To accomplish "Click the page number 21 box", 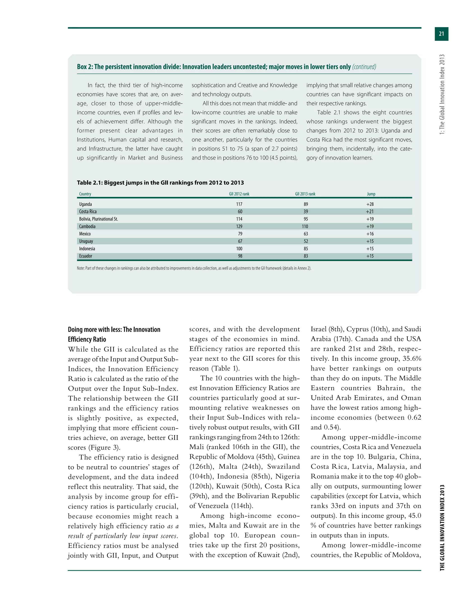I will click(441, 34).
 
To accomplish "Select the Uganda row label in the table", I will click(85, 204).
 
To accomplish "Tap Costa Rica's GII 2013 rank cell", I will click(305, 211).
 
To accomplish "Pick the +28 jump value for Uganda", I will click(370, 204).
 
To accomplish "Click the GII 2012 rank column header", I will click(239, 194).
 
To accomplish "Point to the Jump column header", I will click(371, 194).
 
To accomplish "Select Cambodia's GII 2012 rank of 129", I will click(239, 226).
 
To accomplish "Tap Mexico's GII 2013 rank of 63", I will click(305, 234).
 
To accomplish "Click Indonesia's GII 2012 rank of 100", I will click(239, 249).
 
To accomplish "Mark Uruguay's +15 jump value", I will click(370, 241).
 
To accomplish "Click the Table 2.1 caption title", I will click(160, 183).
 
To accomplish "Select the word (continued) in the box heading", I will click(364, 67).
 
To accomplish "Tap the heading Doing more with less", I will click(114, 329).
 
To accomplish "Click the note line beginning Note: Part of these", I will click(194, 268).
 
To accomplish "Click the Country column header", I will click(85, 194).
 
